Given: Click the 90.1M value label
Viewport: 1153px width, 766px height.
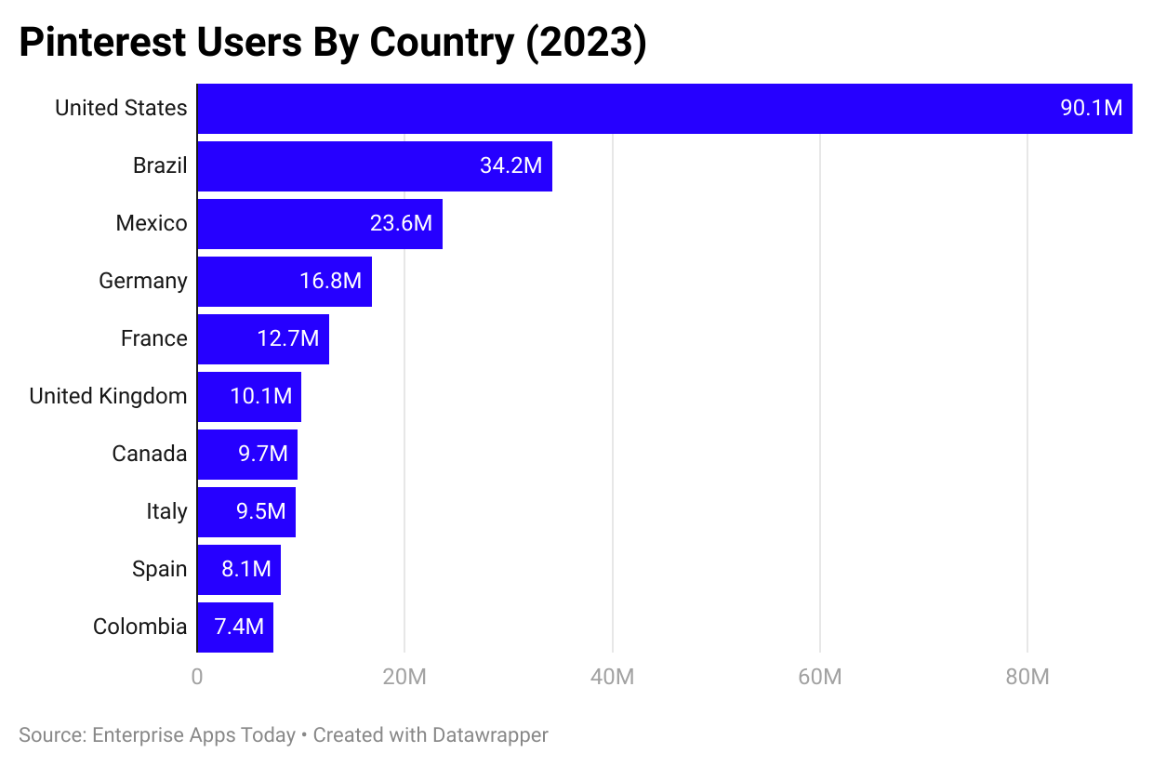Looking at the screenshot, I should [x=1092, y=109].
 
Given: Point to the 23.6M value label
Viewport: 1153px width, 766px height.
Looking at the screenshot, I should [x=401, y=224].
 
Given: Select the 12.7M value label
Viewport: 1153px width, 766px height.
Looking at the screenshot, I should [x=288, y=339].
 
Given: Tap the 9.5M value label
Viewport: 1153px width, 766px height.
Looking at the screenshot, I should [x=261, y=512].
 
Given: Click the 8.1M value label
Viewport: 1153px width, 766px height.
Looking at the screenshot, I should [x=246, y=570].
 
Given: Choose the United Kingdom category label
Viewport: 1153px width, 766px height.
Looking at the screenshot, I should [x=108, y=397].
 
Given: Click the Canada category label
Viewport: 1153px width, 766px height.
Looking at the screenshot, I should [x=150, y=455].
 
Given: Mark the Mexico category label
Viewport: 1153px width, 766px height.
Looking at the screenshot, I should [x=152, y=224].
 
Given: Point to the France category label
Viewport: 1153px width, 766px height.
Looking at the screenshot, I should [x=154, y=339].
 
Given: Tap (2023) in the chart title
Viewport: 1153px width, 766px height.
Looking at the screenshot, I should [x=586, y=44].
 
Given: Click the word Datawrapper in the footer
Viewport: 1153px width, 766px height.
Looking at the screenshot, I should [x=490, y=735].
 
